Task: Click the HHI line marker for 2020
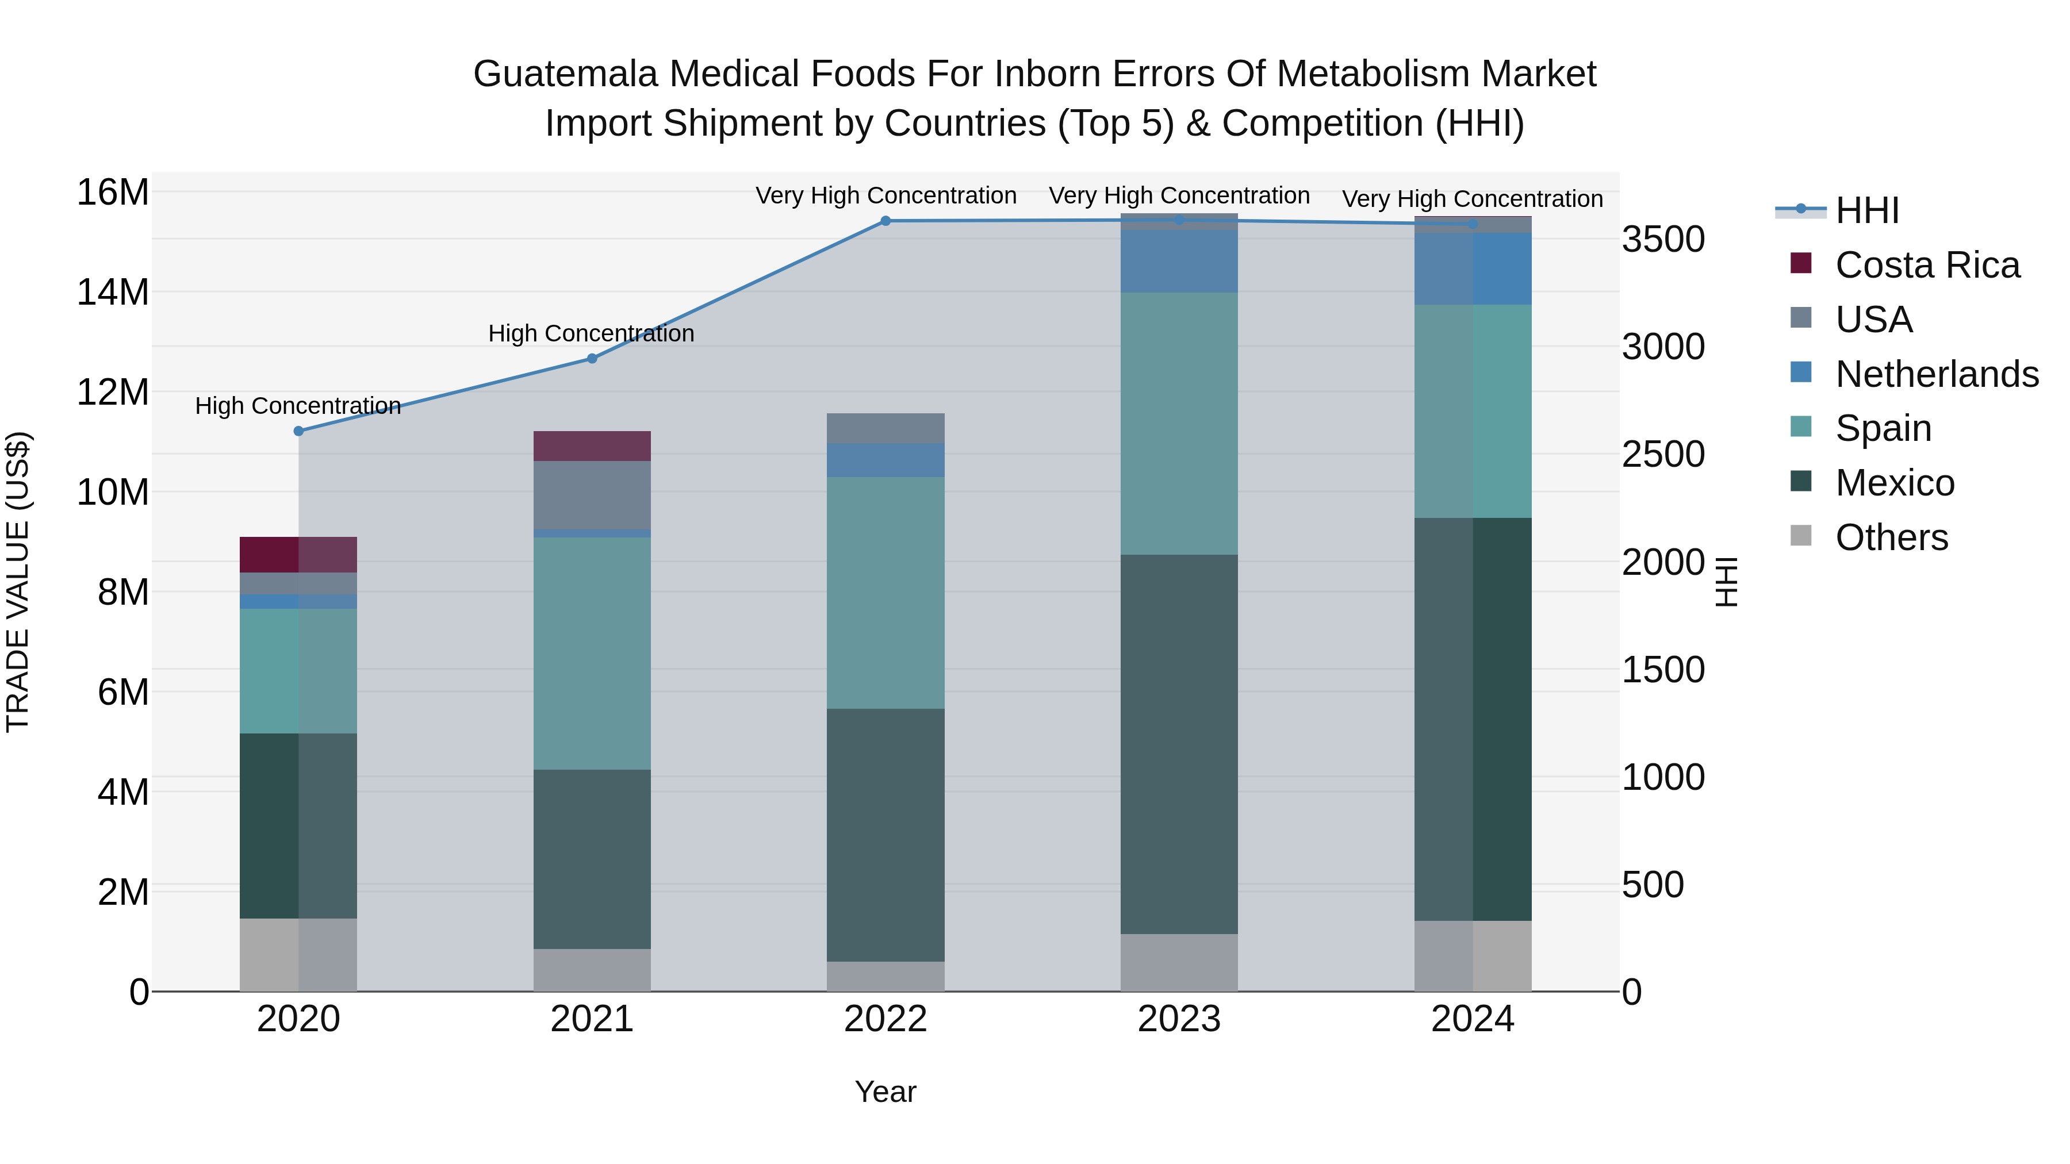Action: click(x=298, y=431)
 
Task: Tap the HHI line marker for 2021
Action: click(x=592, y=358)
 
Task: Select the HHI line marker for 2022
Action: click(x=885, y=221)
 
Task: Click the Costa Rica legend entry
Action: click(x=1927, y=265)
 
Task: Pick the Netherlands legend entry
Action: click(x=1937, y=374)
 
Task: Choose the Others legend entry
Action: click(x=1892, y=537)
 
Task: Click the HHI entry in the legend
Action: click(x=1866, y=210)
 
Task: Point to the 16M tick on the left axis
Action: click(x=113, y=193)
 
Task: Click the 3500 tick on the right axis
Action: click(x=1662, y=239)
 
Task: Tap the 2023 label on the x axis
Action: click(x=1179, y=1019)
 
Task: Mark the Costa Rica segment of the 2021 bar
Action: click(x=592, y=446)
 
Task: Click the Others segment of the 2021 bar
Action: click(x=592, y=970)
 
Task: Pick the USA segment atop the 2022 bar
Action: click(x=885, y=428)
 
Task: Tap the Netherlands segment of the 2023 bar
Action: click(x=1179, y=261)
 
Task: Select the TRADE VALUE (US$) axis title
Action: click(x=18, y=582)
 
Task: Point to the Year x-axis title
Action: click(x=885, y=1092)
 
